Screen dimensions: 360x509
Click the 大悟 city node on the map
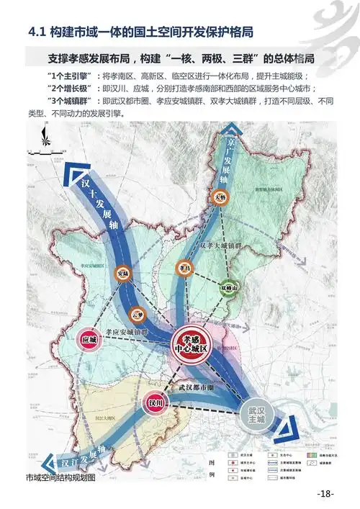[x=220, y=196]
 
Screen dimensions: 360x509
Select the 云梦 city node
[x=138, y=314]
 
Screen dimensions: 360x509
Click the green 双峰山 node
[x=230, y=286]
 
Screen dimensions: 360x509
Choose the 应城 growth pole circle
[x=89, y=339]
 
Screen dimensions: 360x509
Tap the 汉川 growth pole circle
[x=155, y=403]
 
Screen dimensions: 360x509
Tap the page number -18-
[x=325, y=494]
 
